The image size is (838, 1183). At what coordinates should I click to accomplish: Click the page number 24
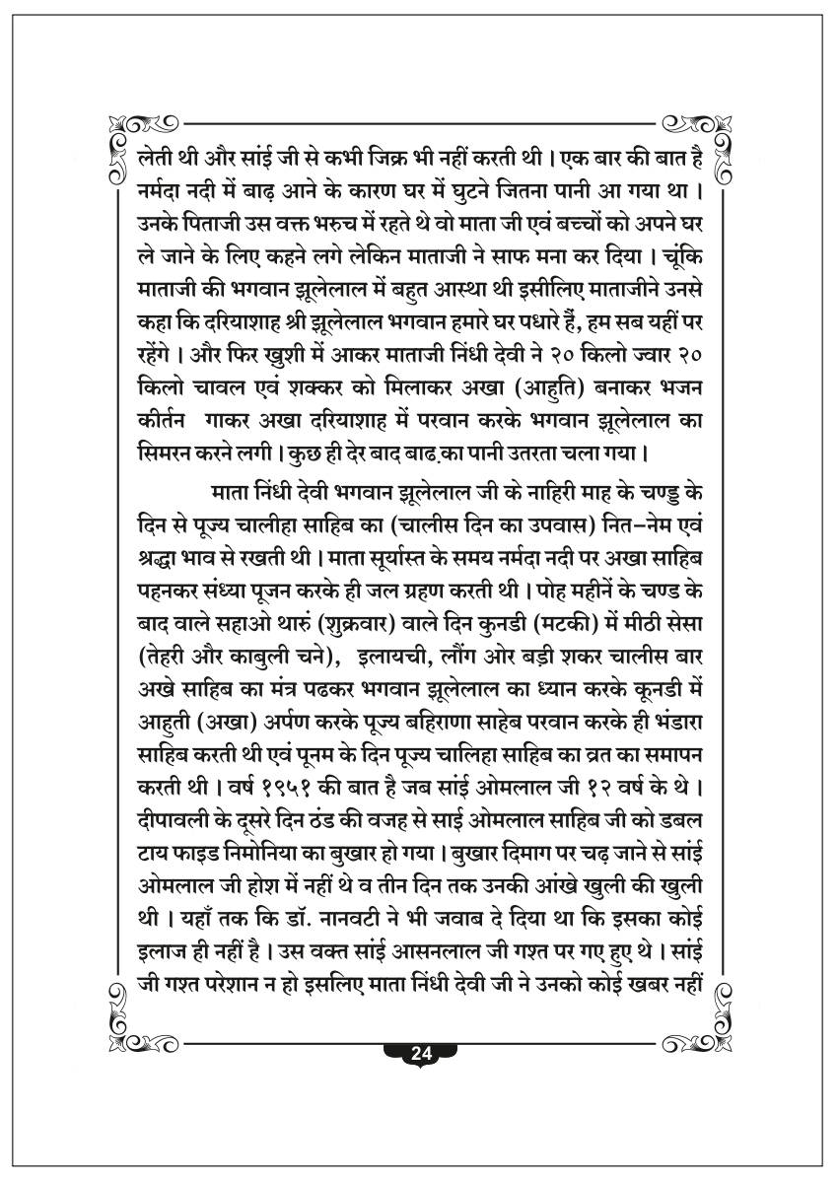[x=421, y=1052]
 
